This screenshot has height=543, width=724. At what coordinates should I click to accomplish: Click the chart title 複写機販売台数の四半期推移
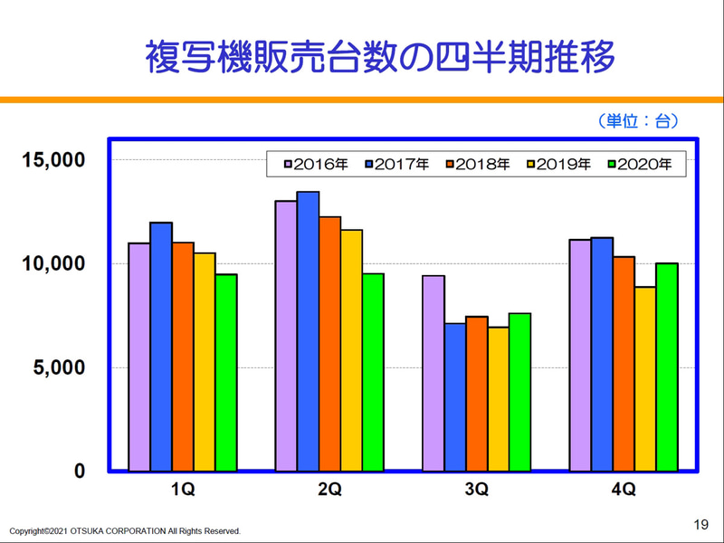tap(380, 57)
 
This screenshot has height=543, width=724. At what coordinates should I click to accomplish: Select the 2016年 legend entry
tap(316, 164)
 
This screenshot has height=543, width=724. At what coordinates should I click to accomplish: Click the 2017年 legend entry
tap(396, 164)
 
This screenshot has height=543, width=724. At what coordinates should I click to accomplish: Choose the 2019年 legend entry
tap(558, 164)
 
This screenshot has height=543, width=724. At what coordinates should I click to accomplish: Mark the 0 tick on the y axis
tap(79, 471)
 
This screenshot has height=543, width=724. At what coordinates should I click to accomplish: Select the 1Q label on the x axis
tap(183, 490)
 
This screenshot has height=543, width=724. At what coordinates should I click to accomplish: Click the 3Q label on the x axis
tap(476, 490)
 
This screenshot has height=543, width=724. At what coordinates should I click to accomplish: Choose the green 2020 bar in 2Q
tap(373, 372)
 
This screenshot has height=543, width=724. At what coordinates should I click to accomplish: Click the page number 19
tap(700, 524)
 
